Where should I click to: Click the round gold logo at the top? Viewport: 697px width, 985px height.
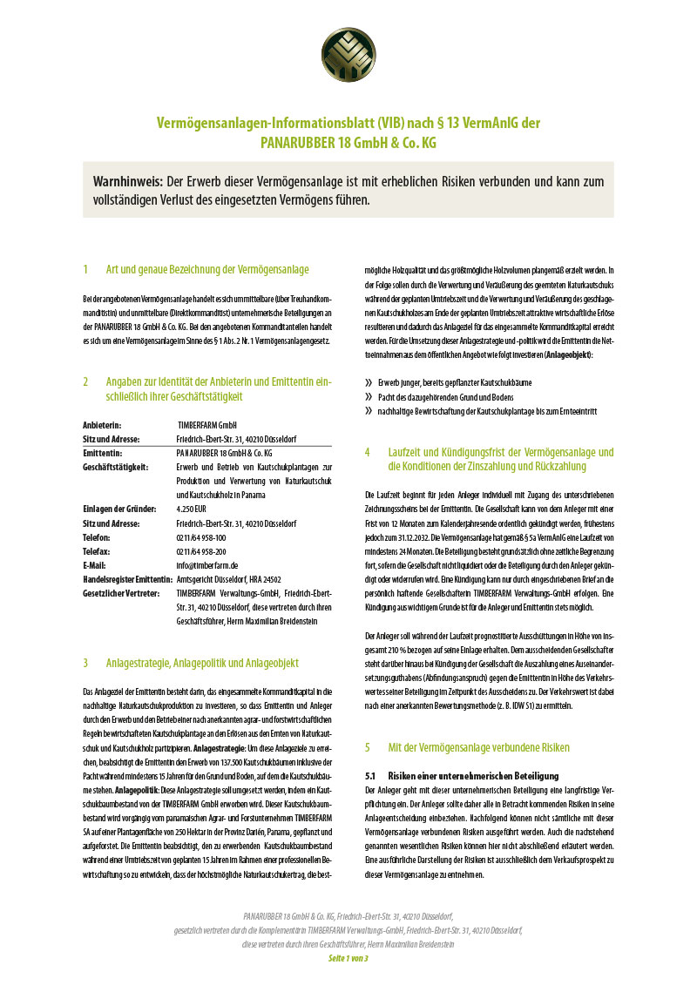348,54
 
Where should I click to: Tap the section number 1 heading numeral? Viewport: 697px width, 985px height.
85,269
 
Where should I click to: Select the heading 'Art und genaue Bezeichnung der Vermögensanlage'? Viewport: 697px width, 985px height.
207,269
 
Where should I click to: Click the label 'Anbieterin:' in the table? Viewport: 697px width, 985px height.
101,424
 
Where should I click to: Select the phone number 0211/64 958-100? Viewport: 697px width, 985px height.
201,537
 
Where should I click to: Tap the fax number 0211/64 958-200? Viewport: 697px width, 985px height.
201,551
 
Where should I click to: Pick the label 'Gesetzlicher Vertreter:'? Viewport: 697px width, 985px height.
121,593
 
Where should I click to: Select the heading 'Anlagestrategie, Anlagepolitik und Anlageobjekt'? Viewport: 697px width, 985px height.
214,663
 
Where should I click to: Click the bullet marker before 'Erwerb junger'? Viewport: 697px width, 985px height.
369,382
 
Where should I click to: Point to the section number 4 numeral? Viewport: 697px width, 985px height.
368,452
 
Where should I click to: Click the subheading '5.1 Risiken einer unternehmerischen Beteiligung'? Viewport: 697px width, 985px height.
461,775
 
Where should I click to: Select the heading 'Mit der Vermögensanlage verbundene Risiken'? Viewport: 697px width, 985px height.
478,747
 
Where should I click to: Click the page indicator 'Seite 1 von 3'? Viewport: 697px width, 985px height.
348,958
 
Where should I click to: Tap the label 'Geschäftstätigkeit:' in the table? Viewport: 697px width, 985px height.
115,467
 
